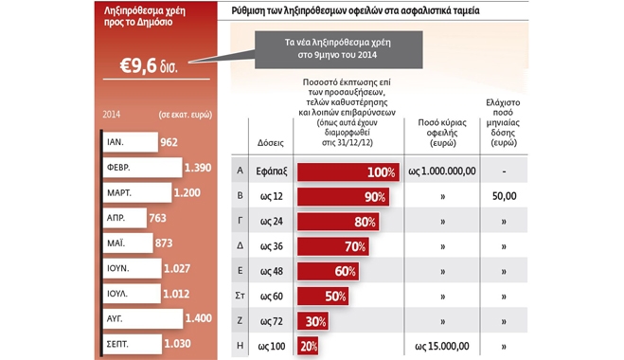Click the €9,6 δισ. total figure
point(149,65)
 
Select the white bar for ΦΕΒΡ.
point(142,168)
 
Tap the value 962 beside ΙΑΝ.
point(169,142)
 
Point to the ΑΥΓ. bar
point(143,318)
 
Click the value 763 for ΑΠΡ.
point(157,218)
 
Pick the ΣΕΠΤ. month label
point(117,344)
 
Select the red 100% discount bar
point(348,172)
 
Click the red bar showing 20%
point(308,346)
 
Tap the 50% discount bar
point(323,297)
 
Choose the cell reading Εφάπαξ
point(272,171)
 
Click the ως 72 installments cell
point(272,321)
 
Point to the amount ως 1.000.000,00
point(442,171)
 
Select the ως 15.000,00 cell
point(442,346)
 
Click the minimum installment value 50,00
point(504,196)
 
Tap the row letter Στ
point(240,296)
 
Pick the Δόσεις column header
point(271,142)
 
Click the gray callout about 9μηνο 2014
point(338,50)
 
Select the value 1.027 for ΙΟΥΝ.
point(177,268)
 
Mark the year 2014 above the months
point(112,115)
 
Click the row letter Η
point(240,346)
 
